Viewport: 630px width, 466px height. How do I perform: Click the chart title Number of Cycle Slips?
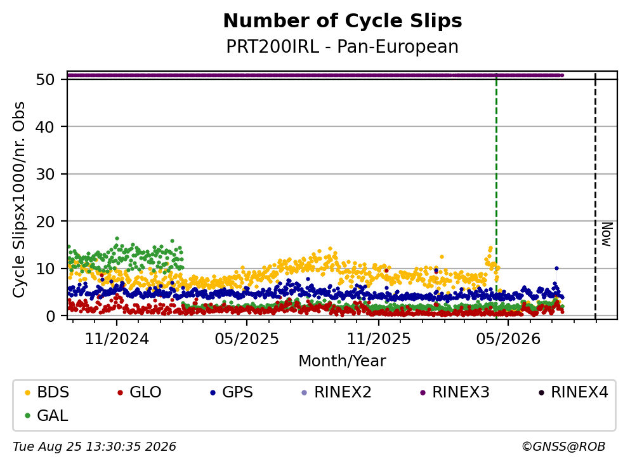pyautogui.click(x=343, y=22)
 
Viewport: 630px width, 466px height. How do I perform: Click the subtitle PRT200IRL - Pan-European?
pyautogui.click(x=343, y=46)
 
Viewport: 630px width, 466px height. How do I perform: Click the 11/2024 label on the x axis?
pyautogui.click(x=117, y=339)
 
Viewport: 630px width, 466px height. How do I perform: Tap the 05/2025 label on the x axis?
pyautogui.click(x=247, y=339)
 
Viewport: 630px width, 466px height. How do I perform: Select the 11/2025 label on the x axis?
pyautogui.click(x=379, y=339)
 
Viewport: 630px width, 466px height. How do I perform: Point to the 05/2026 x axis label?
pyautogui.click(x=508, y=339)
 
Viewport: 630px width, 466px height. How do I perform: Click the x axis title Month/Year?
pyautogui.click(x=343, y=361)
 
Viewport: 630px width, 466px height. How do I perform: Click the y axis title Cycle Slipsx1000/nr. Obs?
pyautogui.click(x=18, y=200)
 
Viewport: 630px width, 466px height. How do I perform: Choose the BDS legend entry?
pyautogui.click(x=47, y=392)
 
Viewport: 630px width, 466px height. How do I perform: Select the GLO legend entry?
pyautogui.click(x=140, y=392)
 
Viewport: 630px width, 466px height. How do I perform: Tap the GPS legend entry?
pyautogui.click(x=232, y=392)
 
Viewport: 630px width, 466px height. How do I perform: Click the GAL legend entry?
pyautogui.click(x=46, y=415)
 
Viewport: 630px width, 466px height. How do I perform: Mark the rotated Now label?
pyautogui.click(x=607, y=234)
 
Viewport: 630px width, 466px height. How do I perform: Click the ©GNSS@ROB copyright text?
pyautogui.click(x=563, y=447)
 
